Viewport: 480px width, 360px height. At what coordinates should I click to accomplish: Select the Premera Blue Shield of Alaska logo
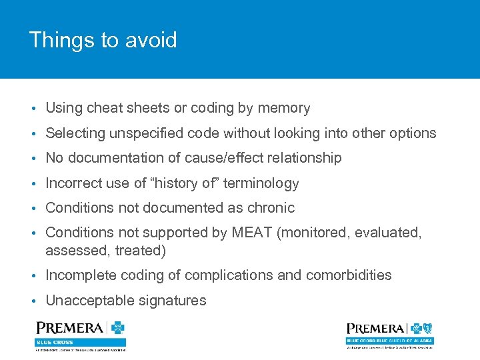[389, 333]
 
